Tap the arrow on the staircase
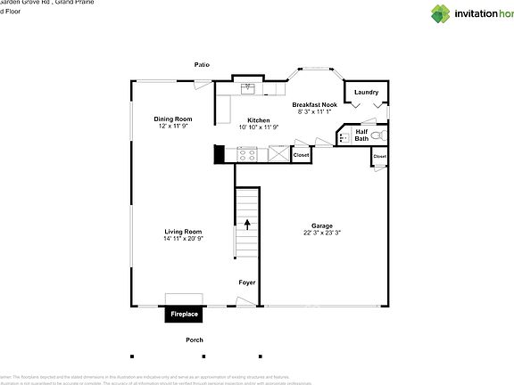click(x=247, y=225)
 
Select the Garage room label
click(x=321, y=225)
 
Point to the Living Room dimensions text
click(x=183, y=239)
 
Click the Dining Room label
click(x=173, y=119)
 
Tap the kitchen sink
click(x=249, y=87)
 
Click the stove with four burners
click(x=247, y=154)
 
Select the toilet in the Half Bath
click(x=379, y=135)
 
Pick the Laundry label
click(x=366, y=92)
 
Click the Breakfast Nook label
click(x=314, y=104)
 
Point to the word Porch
click(x=194, y=340)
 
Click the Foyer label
click(x=246, y=283)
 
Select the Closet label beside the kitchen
click(x=301, y=155)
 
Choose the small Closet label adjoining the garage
click(x=380, y=156)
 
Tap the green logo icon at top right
click(x=441, y=13)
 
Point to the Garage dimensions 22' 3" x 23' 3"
click(x=321, y=233)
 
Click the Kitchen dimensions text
click(x=259, y=127)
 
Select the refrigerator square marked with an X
click(x=278, y=154)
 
